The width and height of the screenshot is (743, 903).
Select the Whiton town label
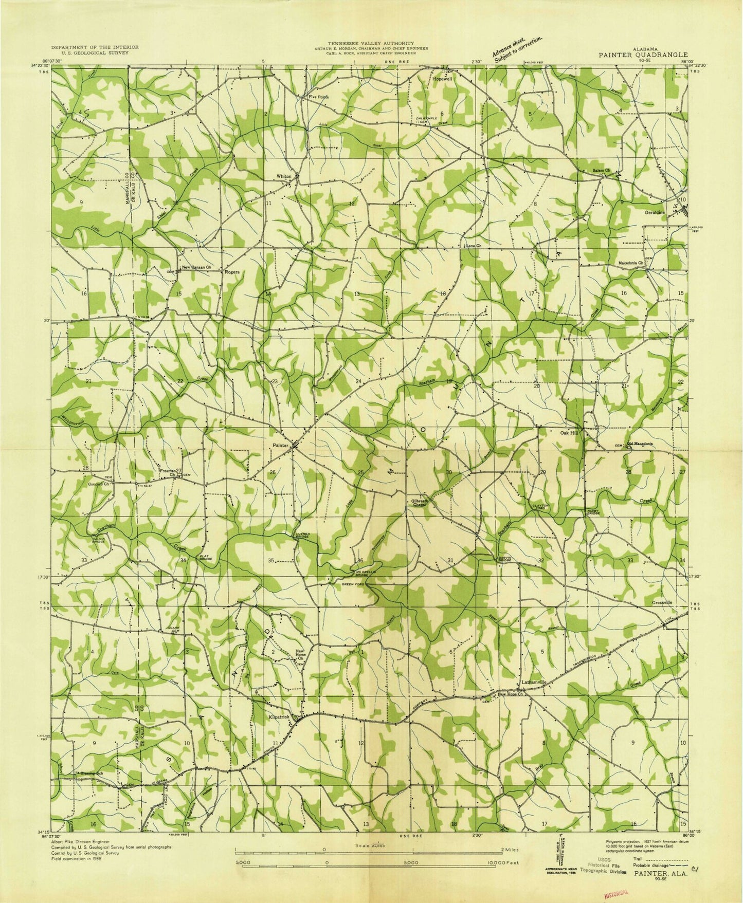pos(284,176)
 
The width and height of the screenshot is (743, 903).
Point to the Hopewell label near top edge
pos(442,80)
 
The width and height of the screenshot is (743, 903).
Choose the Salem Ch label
pos(601,170)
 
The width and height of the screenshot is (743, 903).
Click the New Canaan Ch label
pos(197,268)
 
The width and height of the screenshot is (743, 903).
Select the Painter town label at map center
pos(282,445)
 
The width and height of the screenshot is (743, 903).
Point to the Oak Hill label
pos(570,433)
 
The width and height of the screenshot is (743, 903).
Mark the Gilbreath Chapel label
pos(416,503)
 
